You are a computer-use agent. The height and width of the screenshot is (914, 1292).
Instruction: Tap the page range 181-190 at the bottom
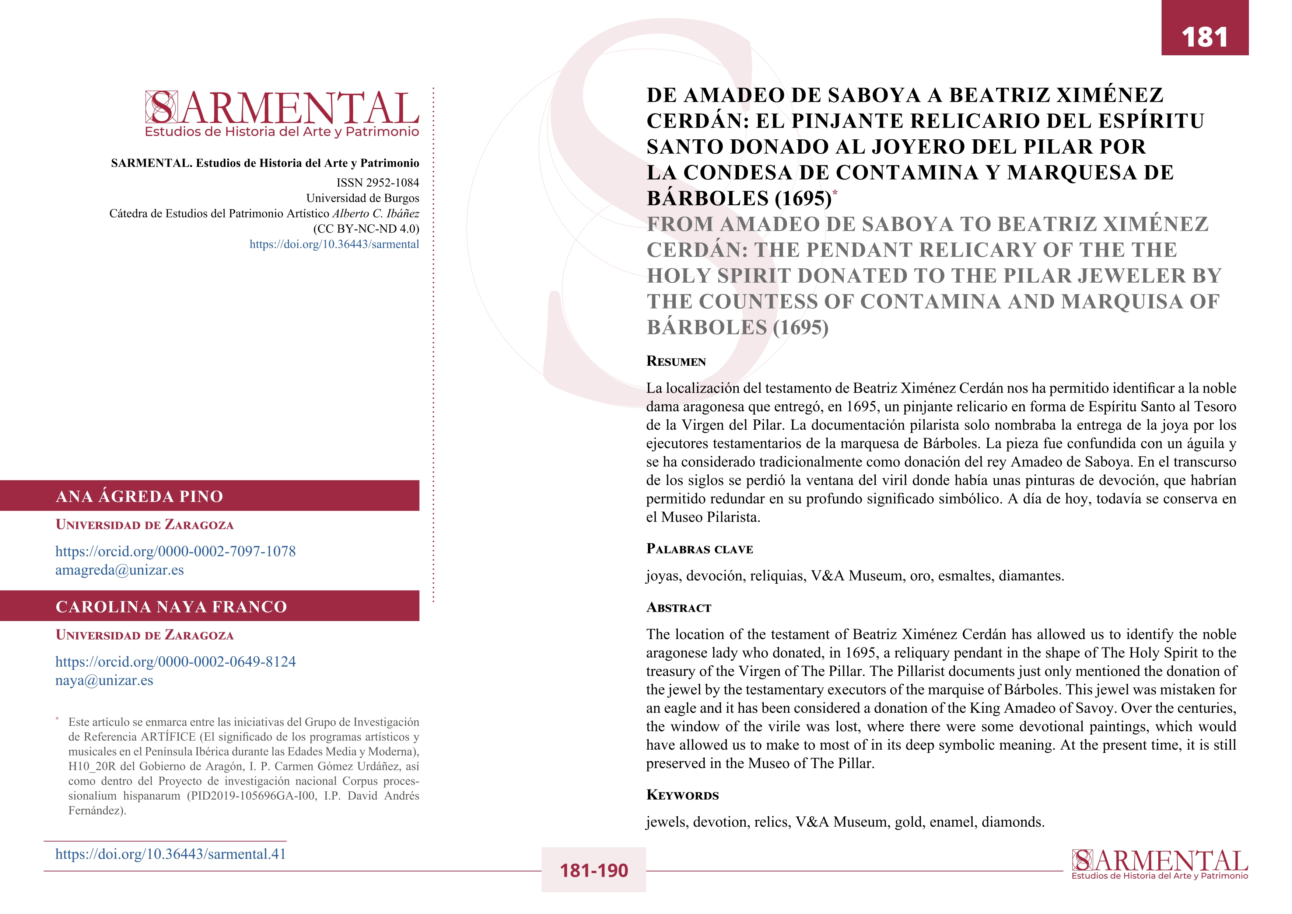coord(593,871)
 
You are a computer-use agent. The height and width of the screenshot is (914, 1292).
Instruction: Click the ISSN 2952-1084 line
coord(378,182)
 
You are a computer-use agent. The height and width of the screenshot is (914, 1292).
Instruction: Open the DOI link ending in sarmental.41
coord(171,854)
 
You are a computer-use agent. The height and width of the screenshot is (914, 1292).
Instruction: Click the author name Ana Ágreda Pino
coord(140,496)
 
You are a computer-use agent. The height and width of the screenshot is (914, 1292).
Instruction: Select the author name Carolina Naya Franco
coord(171,607)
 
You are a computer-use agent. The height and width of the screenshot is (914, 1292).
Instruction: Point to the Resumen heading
coord(676,361)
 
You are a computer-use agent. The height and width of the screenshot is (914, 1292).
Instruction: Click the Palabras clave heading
coord(700,549)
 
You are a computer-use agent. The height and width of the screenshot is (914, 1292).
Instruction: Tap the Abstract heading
coord(679,608)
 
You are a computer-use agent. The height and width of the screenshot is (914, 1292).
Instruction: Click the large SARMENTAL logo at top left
coord(282,112)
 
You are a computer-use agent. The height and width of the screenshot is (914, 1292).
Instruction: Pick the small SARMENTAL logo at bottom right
coord(1159,864)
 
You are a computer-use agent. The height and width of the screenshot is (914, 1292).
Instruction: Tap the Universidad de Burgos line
coord(363,198)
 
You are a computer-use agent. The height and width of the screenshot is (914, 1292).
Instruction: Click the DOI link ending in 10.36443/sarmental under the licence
coord(334,244)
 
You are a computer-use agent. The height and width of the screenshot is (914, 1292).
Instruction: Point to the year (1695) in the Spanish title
coord(802,199)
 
